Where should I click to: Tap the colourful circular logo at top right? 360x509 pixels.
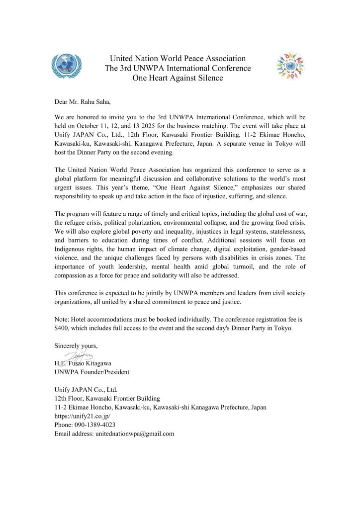[291, 67]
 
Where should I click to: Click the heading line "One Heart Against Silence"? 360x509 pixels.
[178, 78]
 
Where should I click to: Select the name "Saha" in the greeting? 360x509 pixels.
[101, 102]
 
